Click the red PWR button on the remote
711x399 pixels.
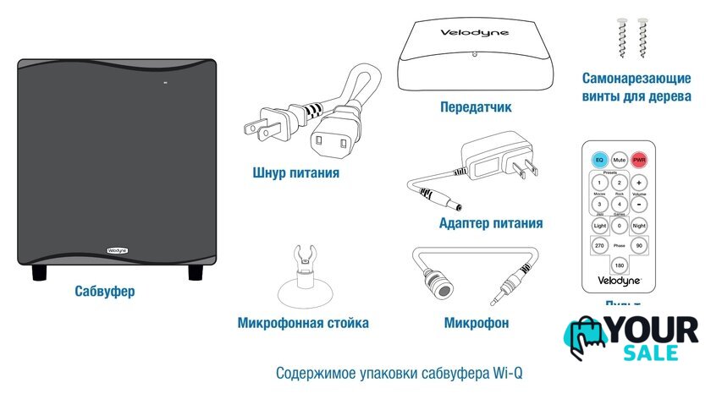click(x=639, y=159)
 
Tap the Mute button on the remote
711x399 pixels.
click(x=619, y=159)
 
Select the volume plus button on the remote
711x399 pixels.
click(x=639, y=183)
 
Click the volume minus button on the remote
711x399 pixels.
click(x=639, y=204)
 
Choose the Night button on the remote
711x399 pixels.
click(x=639, y=226)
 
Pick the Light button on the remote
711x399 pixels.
click(x=599, y=226)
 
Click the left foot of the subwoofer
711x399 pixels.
click(x=39, y=273)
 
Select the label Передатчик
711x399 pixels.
click(x=476, y=107)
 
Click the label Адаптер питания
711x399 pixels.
click(x=491, y=223)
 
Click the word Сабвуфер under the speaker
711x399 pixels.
click(x=104, y=292)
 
